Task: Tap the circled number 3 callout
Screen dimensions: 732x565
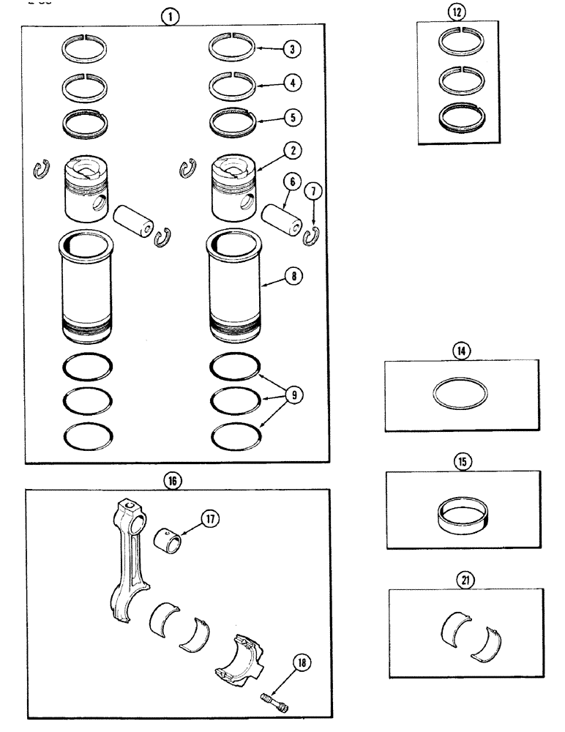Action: (292, 50)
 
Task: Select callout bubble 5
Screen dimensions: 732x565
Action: (293, 116)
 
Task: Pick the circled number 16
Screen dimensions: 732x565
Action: (173, 479)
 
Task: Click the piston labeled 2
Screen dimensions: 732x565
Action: (236, 193)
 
